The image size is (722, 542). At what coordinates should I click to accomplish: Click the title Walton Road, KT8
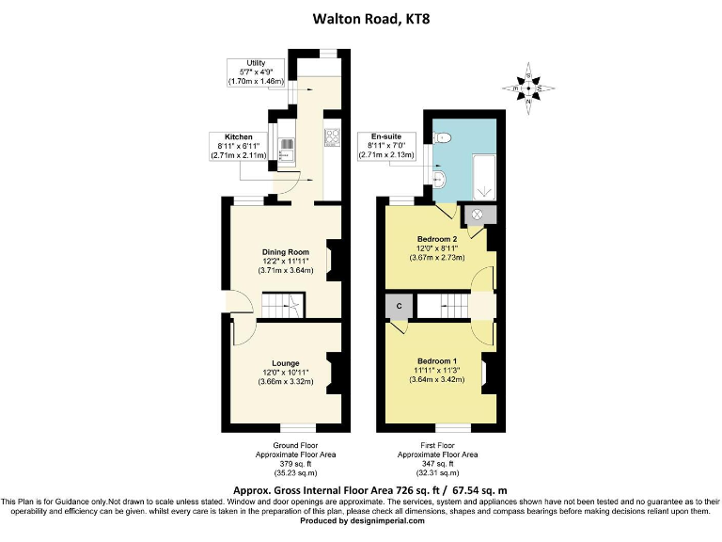click(x=361, y=16)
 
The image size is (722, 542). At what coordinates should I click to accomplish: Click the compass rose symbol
click(x=528, y=89)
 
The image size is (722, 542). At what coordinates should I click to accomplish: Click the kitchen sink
click(x=287, y=150)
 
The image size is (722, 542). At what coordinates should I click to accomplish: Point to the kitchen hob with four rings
click(x=332, y=137)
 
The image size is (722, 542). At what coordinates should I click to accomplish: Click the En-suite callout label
click(x=385, y=136)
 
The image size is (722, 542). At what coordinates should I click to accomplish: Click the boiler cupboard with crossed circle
click(x=476, y=215)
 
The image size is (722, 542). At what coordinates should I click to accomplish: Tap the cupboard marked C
click(x=399, y=307)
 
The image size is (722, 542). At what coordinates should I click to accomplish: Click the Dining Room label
click(x=286, y=252)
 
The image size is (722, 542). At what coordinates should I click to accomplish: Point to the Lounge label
click(x=286, y=363)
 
